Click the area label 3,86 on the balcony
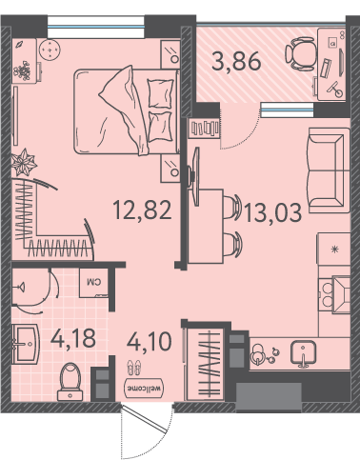point(236,61)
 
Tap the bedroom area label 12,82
point(143,210)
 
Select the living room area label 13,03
point(273,212)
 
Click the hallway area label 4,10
point(150,341)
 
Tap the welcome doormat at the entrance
point(145,388)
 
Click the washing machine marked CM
point(93,283)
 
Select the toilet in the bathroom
point(70,382)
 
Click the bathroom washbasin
point(26,344)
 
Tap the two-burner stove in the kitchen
point(327,294)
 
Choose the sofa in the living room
point(329,170)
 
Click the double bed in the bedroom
point(127,111)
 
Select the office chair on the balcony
point(300,53)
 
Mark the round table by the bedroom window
point(50,49)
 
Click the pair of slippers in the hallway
point(134,368)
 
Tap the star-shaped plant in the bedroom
point(24,162)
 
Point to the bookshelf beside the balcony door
point(205,128)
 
